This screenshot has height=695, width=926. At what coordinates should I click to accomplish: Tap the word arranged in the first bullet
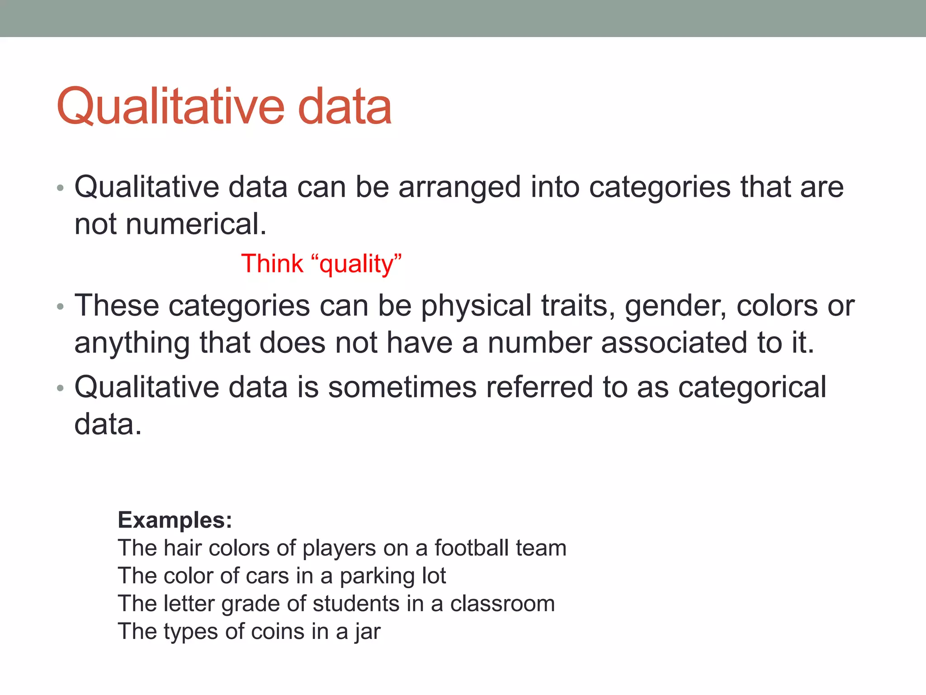coord(459,187)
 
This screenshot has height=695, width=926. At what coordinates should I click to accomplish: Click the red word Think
coord(272,263)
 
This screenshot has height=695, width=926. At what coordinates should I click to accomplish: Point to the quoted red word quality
coord(357,264)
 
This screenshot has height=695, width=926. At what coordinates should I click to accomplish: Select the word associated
coord(674,343)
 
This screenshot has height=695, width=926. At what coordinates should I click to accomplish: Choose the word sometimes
coord(402,387)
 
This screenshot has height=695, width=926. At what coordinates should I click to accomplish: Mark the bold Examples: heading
coord(175,520)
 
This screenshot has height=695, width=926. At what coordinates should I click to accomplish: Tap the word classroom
coord(502,604)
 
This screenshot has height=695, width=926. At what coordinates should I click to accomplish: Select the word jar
coord(368,632)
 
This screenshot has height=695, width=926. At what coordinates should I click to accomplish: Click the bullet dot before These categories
coord(61,307)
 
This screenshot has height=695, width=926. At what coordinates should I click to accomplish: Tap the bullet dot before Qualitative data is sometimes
coord(61,388)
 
